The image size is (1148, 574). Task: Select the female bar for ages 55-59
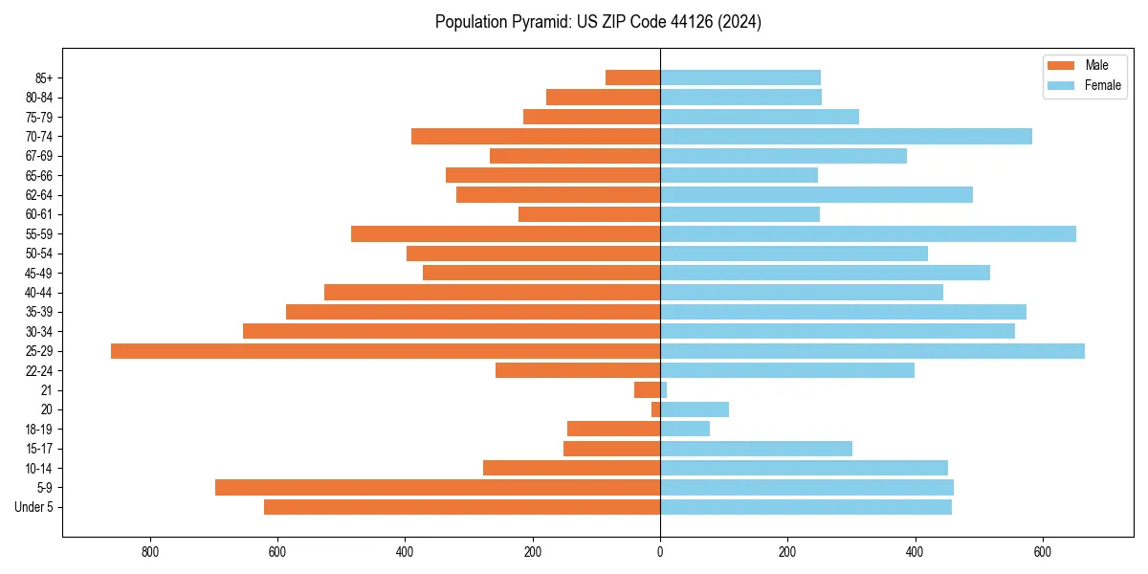pyautogui.click(x=868, y=234)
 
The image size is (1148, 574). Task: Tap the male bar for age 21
pyautogui.click(x=648, y=390)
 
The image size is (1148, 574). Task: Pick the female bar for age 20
pyautogui.click(x=695, y=409)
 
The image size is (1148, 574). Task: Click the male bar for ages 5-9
pyautogui.click(x=437, y=488)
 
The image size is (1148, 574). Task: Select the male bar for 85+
pyautogui.click(x=632, y=77)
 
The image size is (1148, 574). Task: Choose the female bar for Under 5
pyautogui.click(x=806, y=507)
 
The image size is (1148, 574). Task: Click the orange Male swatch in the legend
pyautogui.click(x=1062, y=65)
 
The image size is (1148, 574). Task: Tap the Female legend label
pyautogui.click(x=1102, y=85)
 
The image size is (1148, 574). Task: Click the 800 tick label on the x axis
pyautogui.click(x=150, y=552)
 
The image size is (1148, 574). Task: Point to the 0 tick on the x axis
pyautogui.click(x=660, y=552)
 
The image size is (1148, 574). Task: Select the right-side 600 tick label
pyautogui.click(x=1043, y=552)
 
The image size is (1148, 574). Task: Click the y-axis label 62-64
pyautogui.click(x=39, y=195)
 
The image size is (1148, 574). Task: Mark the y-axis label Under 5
pyautogui.click(x=34, y=507)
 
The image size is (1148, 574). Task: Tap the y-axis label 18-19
pyautogui.click(x=39, y=430)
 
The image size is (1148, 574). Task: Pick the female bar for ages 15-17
pyautogui.click(x=756, y=449)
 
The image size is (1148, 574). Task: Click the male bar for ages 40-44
pyautogui.click(x=492, y=293)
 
